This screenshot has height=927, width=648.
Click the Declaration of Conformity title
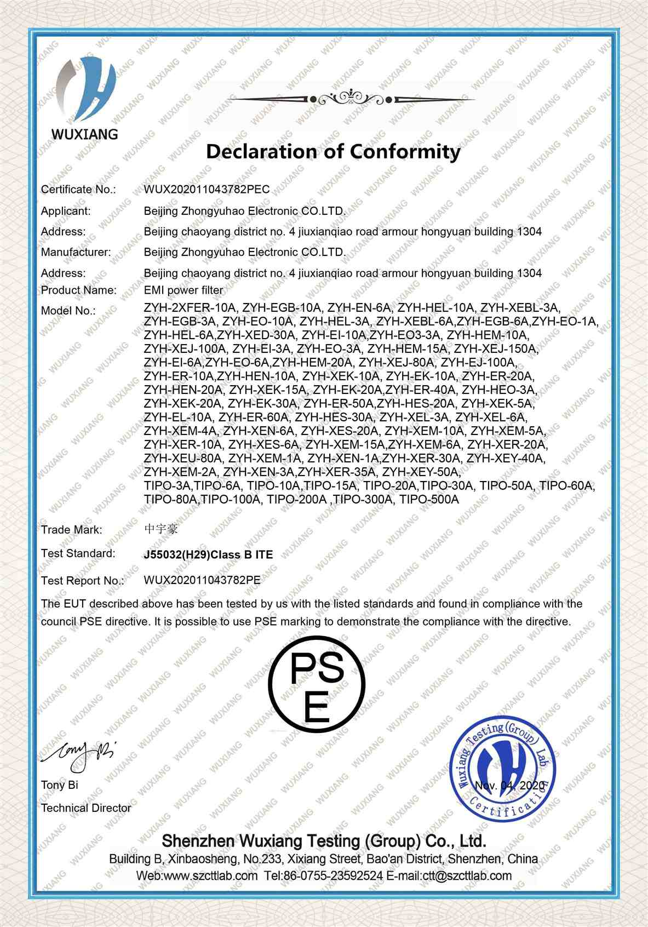[333, 151]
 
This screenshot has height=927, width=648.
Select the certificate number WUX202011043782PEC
[207, 190]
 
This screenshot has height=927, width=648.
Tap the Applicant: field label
[66, 211]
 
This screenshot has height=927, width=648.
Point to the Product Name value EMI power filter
[183, 290]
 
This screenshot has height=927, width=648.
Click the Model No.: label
[68, 311]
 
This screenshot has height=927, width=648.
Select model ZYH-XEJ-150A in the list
[496, 349]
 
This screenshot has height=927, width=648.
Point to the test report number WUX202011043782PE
[202, 580]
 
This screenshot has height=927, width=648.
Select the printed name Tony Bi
[59, 785]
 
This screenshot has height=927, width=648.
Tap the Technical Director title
[86, 808]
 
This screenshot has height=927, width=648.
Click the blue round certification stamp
[502, 772]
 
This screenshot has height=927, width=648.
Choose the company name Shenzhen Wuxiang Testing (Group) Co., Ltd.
[324, 841]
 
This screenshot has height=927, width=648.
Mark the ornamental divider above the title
[348, 99]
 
